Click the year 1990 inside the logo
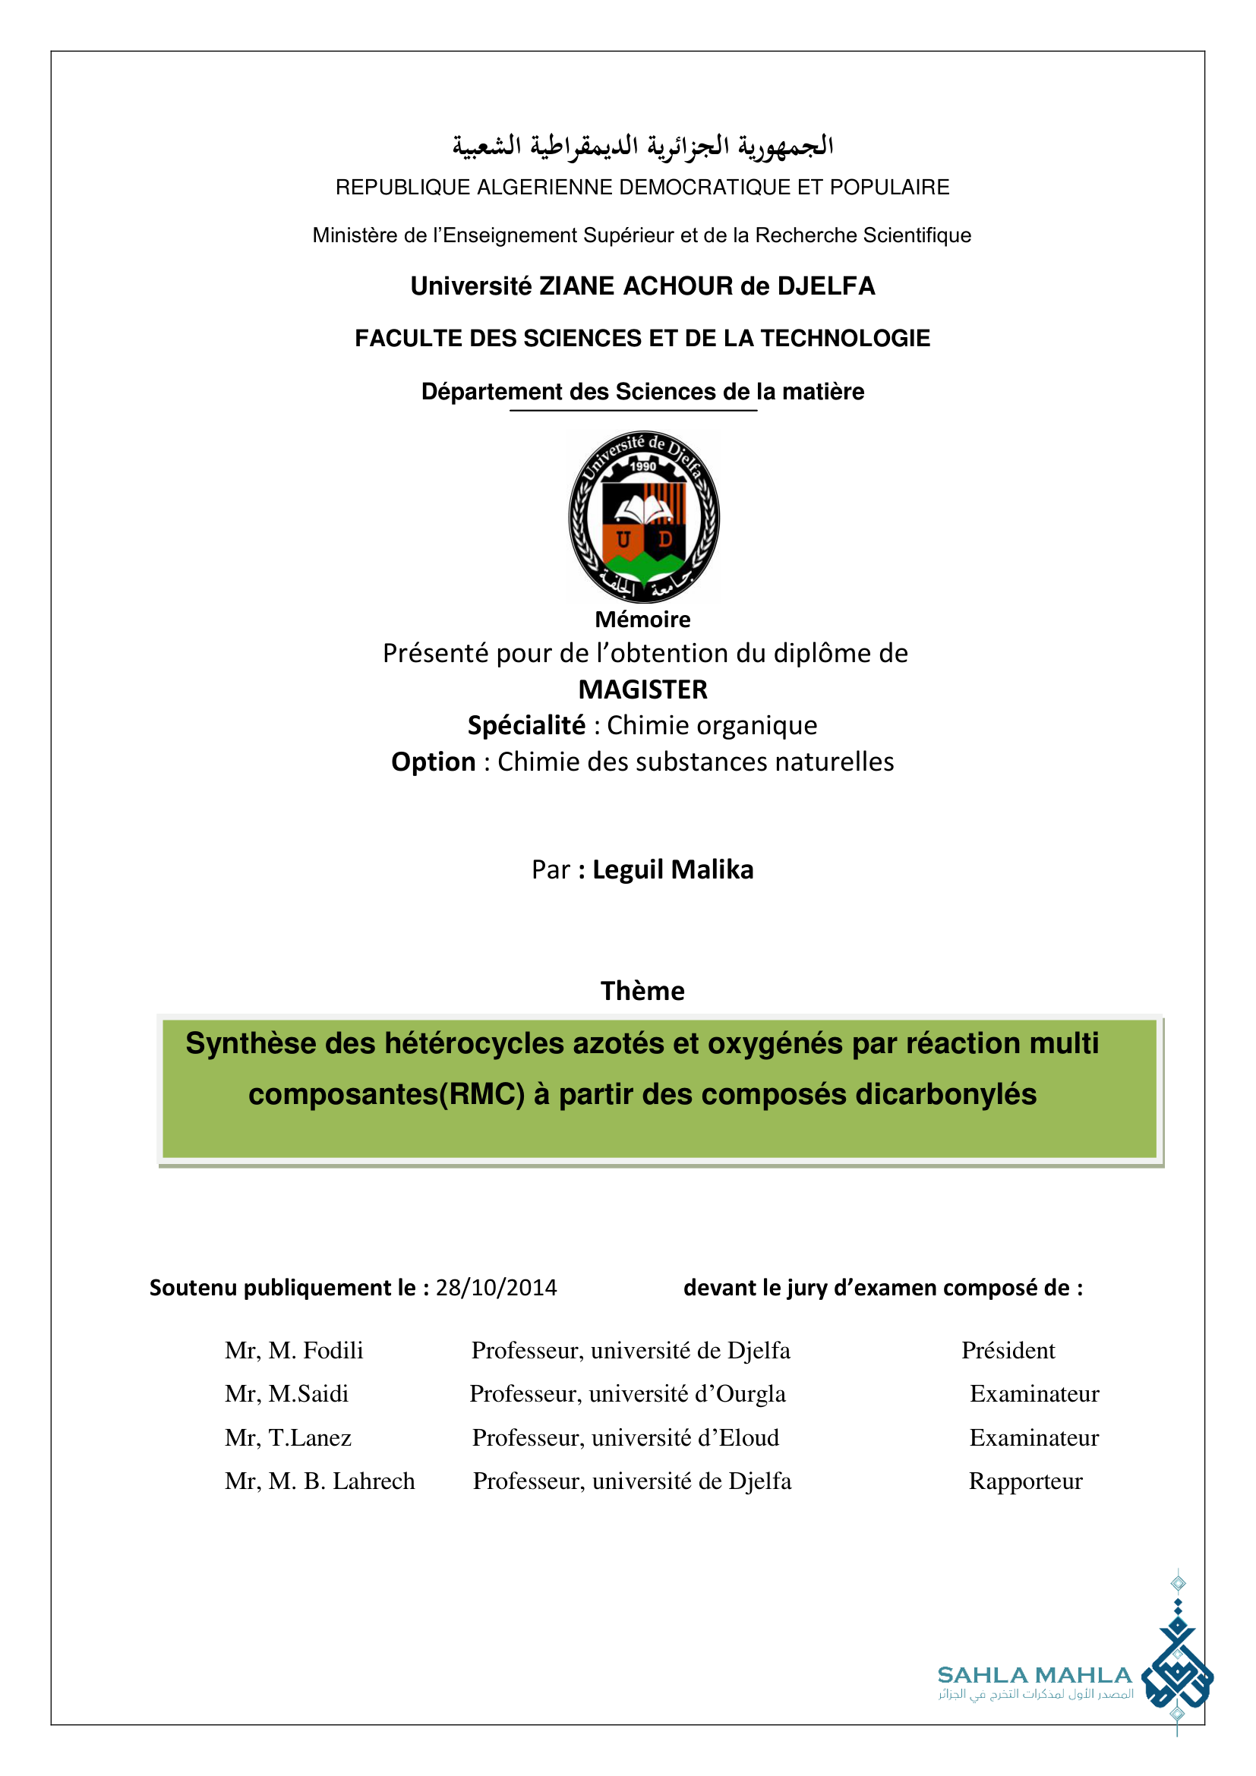click(x=642, y=466)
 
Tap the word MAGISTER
click(x=642, y=689)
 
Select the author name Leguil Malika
click(x=672, y=869)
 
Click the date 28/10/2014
click(x=496, y=1287)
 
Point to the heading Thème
click(x=642, y=991)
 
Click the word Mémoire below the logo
click(x=642, y=620)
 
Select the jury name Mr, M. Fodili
click(x=294, y=1350)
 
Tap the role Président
click(x=1008, y=1350)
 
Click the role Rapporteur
click(x=1025, y=1481)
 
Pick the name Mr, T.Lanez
click(x=288, y=1437)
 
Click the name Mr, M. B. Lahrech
click(x=320, y=1481)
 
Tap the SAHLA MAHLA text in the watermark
click(x=1034, y=1676)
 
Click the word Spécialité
click(x=526, y=726)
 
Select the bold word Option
click(x=433, y=762)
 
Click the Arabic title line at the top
click(x=642, y=146)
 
